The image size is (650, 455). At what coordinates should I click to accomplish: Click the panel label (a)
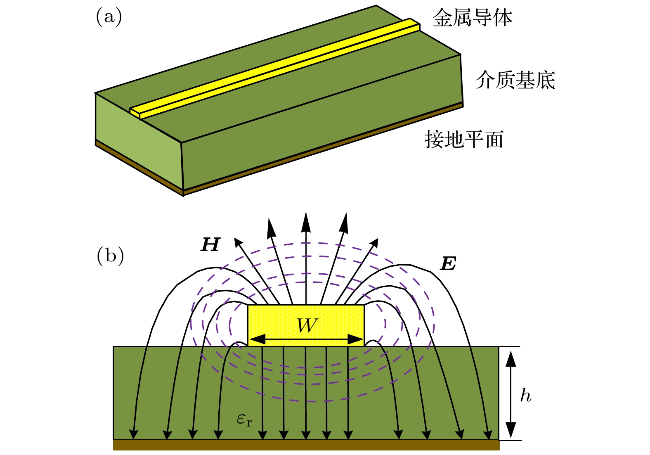109,17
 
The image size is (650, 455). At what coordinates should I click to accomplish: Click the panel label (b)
110,256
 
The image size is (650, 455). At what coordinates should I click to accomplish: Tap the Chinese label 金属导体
472,19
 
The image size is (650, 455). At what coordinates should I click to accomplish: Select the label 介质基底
515,80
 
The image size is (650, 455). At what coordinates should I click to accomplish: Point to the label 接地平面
464,140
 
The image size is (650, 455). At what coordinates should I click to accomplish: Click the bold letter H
210,245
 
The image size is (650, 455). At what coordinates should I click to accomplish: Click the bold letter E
448,263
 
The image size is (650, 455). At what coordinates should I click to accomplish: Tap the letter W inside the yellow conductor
307,326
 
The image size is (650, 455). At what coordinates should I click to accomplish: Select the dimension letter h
525,395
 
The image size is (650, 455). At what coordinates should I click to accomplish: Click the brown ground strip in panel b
306,445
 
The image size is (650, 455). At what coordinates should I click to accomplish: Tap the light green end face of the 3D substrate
138,140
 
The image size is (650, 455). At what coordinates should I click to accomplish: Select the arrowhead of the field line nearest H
238,242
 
